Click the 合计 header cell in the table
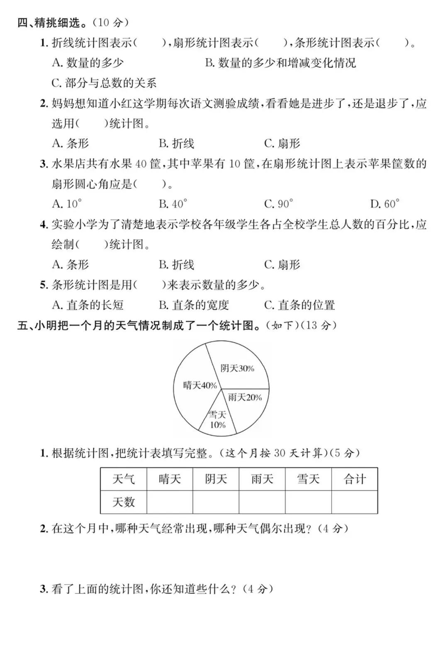(x=355, y=479)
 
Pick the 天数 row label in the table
(x=124, y=502)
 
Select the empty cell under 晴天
(x=170, y=502)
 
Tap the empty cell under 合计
(x=355, y=502)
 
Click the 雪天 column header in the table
(x=308, y=479)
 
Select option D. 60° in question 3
(x=385, y=204)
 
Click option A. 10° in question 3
(x=67, y=204)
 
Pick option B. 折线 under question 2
(x=176, y=144)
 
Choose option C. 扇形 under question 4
(x=282, y=265)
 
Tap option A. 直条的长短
(x=88, y=305)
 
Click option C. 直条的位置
(x=299, y=305)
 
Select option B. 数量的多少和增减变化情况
(x=280, y=63)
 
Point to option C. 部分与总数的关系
(x=104, y=83)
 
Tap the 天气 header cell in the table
(x=124, y=479)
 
